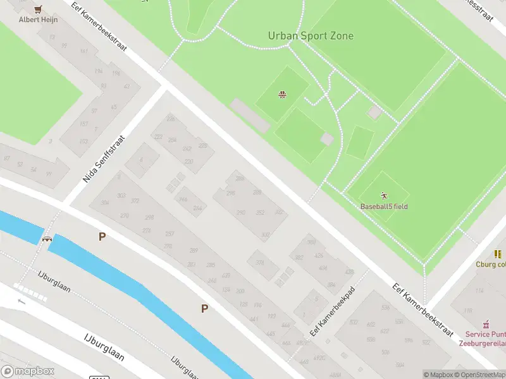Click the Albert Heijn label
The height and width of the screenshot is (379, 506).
(39, 20)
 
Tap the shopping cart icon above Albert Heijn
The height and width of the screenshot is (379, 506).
(39, 9)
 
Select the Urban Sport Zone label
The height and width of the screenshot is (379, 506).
(311, 36)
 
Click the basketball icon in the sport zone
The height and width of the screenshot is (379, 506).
(281, 95)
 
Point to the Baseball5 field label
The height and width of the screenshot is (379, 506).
(384, 207)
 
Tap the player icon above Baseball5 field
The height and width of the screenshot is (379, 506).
(383, 195)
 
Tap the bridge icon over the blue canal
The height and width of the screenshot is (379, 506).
(47, 238)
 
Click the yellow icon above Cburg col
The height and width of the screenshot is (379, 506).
(498, 254)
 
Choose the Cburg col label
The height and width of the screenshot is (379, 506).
(491, 265)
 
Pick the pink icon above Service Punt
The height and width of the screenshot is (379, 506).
(486, 323)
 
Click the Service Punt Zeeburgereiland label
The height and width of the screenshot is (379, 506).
(486, 339)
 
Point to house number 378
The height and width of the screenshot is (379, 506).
(259, 263)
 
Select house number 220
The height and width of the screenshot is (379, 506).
(188, 162)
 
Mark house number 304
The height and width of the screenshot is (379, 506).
(105, 203)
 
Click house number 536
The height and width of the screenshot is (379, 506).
(385, 308)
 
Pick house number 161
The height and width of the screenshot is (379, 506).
(84, 52)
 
